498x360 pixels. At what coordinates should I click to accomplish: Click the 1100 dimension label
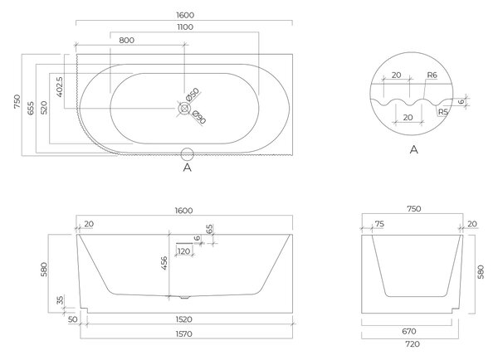(185, 27)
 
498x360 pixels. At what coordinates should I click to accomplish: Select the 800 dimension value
(127, 41)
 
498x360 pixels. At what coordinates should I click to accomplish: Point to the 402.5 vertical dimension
(60, 86)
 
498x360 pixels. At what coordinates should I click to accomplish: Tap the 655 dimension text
(31, 109)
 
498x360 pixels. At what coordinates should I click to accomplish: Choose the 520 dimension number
(44, 108)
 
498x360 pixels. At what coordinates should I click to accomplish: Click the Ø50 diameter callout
(193, 95)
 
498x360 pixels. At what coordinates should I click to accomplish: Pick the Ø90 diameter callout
(199, 117)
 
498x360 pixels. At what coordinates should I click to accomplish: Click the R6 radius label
(432, 75)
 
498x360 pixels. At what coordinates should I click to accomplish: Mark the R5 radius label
(443, 112)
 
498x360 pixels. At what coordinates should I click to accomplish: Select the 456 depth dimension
(164, 263)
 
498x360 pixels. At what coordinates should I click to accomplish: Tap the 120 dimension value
(184, 251)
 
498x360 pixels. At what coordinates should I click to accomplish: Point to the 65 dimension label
(209, 229)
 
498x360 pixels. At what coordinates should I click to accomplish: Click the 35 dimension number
(61, 300)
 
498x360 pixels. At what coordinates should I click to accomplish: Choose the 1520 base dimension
(184, 319)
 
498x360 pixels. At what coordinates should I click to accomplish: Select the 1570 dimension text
(184, 334)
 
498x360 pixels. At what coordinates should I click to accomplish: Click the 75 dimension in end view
(379, 224)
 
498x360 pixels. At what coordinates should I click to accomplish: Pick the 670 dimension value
(409, 332)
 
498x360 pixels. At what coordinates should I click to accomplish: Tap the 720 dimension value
(413, 344)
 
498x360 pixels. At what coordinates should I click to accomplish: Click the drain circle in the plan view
(184, 109)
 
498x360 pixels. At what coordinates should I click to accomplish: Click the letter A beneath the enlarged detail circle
(414, 149)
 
